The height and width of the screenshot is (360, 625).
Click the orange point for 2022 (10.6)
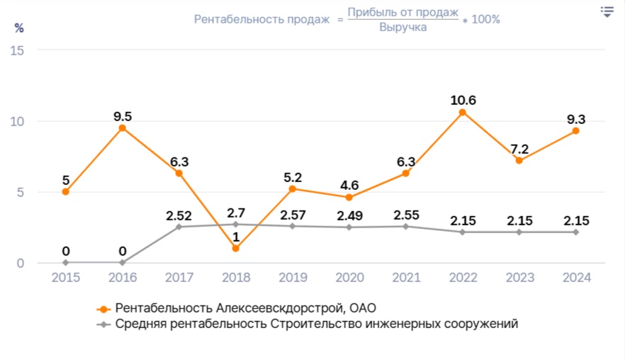point(462,112)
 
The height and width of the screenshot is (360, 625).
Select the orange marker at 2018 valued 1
point(235,248)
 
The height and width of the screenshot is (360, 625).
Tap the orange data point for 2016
point(122,128)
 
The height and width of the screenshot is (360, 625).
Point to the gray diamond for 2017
point(179,227)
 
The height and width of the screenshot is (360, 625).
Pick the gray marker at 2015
point(65,262)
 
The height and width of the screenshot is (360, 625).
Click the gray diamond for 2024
point(575,232)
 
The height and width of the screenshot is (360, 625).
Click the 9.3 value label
point(575,119)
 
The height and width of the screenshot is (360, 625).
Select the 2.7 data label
point(235,212)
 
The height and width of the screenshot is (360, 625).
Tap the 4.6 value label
point(349,186)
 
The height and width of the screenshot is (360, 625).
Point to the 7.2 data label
point(519,149)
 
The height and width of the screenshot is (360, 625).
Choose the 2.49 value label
point(349,215)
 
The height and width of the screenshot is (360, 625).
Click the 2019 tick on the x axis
point(292,278)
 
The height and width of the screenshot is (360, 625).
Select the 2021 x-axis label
point(405,278)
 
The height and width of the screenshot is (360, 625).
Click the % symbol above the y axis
point(19,28)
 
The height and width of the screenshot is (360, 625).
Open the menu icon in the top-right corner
point(607,11)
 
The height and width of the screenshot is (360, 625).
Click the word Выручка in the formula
point(402,28)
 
